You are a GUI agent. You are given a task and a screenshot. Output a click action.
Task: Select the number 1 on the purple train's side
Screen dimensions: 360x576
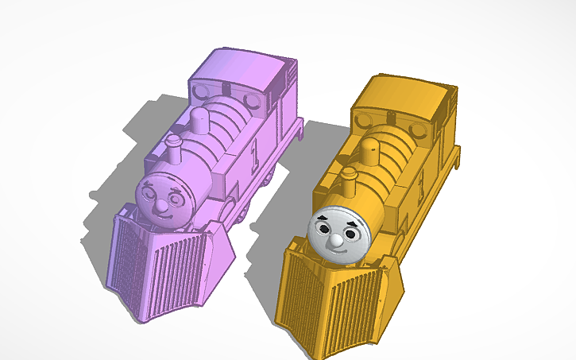tap(254, 150)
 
